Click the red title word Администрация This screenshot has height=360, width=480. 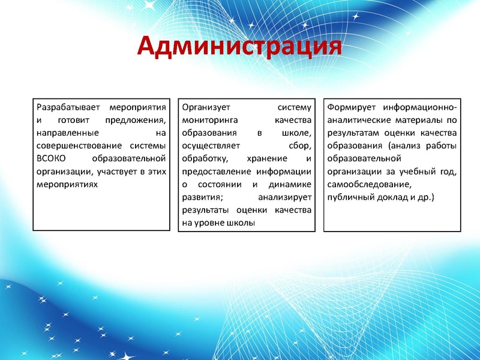tap(239, 46)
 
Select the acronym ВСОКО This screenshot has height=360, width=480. tap(50, 158)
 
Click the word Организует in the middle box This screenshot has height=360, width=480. tap(205, 108)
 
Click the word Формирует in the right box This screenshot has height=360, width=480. tap(349, 108)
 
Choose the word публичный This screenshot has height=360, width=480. tap(349, 197)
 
